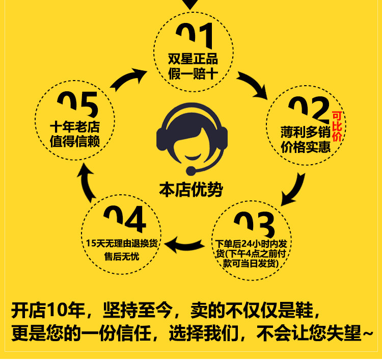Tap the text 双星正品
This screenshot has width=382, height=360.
(193, 59)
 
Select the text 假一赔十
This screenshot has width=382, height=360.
(193, 74)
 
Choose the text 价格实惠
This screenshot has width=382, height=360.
(306, 148)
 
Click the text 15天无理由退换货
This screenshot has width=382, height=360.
(122, 243)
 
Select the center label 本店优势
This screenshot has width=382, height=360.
(191, 189)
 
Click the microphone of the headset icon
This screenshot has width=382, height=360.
(190, 170)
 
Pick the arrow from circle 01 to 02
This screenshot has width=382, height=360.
(253, 85)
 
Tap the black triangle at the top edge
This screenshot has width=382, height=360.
(190, 4)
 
